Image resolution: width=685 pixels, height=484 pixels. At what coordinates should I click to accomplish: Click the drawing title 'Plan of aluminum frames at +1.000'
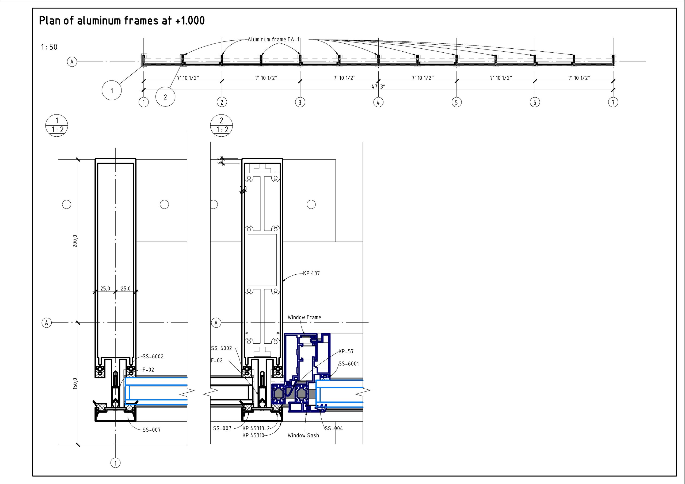[122, 21]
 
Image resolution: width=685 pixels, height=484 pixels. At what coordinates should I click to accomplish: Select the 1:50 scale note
[49, 47]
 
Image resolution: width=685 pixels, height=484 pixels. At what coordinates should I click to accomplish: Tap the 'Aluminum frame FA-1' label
[273, 39]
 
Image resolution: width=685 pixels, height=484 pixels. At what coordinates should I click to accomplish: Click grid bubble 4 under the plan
[378, 102]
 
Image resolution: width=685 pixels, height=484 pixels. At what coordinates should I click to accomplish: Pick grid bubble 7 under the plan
[613, 102]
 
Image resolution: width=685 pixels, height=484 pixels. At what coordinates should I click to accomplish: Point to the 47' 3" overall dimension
[378, 86]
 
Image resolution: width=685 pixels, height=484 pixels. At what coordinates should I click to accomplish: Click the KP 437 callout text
[311, 273]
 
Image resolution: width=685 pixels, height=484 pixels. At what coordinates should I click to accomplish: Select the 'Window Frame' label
[304, 317]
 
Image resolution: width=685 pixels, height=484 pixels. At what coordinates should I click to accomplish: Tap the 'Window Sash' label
[303, 435]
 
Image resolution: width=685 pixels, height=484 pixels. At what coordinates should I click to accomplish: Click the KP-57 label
[346, 351]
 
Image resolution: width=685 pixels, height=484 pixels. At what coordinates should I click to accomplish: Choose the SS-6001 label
[349, 363]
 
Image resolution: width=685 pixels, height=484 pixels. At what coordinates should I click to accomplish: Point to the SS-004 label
[334, 428]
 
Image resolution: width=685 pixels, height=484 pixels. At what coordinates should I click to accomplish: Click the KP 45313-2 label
[256, 428]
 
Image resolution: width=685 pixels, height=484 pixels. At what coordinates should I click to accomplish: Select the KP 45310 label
[253, 435]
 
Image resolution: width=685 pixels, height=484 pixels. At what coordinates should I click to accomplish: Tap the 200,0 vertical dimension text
[75, 241]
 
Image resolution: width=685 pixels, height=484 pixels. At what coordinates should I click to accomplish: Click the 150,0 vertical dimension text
[75, 383]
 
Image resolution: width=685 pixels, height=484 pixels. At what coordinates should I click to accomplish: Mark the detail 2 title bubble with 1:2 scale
[221, 126]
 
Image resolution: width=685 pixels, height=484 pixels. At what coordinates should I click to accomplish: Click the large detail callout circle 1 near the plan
[112, 90]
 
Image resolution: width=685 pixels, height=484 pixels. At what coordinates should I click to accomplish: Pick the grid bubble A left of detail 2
[216, 323]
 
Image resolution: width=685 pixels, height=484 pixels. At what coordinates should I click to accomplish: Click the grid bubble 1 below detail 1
[115, 463]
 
